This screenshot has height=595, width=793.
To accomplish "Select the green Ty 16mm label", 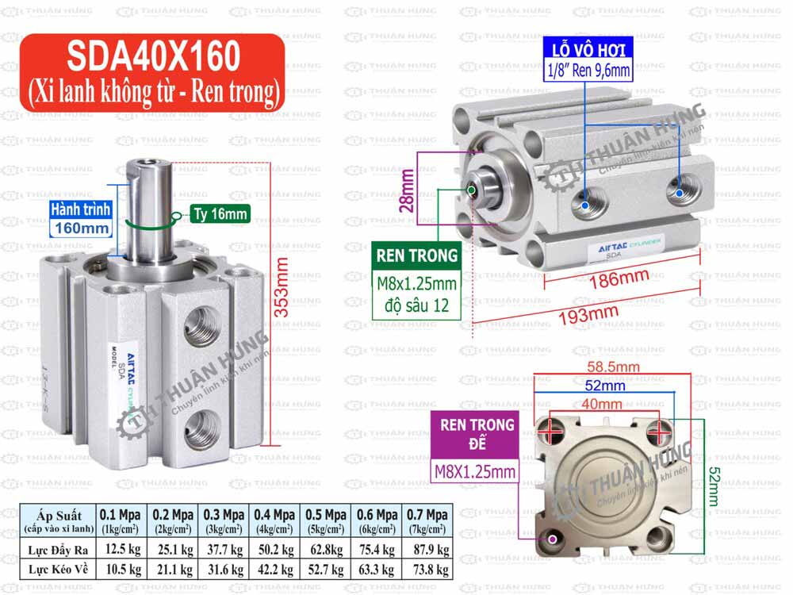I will (220, 213).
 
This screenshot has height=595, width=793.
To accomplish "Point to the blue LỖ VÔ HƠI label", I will (588, 49).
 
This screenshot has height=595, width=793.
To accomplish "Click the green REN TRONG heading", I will (417, 255).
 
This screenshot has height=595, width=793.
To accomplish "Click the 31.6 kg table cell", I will (223, 569).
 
